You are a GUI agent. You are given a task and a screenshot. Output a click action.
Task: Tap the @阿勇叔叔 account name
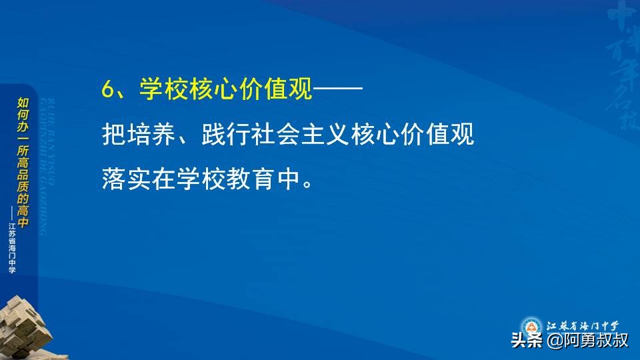coord(587,341)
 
